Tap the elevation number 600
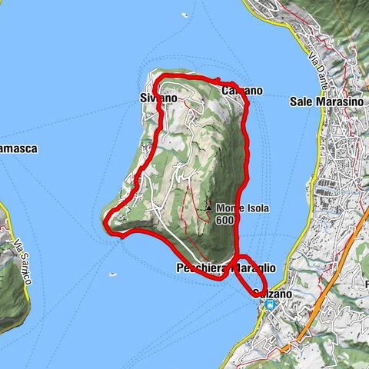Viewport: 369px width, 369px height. [224, 220]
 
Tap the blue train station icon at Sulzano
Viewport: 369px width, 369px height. [269, 304]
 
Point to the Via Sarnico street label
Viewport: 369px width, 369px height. [21, 261]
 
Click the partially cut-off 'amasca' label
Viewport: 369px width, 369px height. [18, 148]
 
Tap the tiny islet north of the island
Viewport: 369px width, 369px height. [184, 15]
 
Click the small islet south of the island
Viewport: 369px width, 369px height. [114, 273]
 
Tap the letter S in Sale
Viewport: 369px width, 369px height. [294, 101]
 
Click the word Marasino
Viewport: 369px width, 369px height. [332, 101]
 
